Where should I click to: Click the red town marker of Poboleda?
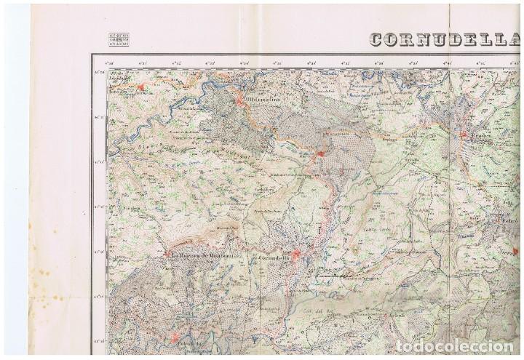coord(175,336)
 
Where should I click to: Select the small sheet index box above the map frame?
coord(119,39)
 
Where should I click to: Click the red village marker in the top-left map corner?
coord(141,88)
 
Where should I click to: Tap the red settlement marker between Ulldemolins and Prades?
coord(319,153)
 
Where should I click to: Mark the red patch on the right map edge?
coord(516,250)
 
